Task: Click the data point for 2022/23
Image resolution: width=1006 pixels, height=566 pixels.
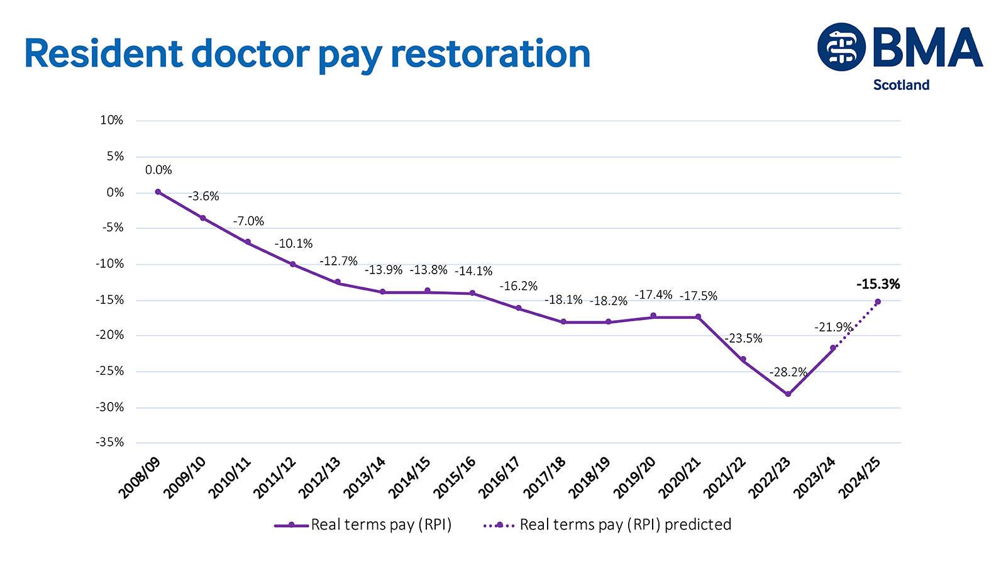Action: [x=788, y=394]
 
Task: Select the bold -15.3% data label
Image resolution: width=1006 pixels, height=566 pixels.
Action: [x=878, y=284]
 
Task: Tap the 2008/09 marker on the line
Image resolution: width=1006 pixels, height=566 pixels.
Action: [x=158, y=192]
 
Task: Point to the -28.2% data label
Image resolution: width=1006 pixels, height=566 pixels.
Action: [x=788, y=372]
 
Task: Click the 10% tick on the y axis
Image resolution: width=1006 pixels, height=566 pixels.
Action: [x=112, y=120]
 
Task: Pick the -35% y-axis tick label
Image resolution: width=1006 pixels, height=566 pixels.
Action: [x=110, y=443]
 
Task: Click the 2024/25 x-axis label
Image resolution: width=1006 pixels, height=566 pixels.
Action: [x=859, y=478]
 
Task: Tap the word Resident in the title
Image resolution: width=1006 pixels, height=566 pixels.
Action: [x=103, y=54]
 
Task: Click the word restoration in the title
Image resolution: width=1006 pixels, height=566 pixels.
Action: [x=490, y=54]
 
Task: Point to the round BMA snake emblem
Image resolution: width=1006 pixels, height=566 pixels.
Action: [x=841, y=47]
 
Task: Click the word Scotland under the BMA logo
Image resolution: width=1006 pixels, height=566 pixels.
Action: [x=901, y=85]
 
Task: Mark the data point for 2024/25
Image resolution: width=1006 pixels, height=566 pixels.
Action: [x=878, y=301]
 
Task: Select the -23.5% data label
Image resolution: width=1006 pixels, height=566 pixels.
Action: [x=743, y=338]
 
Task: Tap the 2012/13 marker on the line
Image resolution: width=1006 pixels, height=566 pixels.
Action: [x=338, y=282]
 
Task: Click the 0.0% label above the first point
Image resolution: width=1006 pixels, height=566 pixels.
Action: [x=158, y=170]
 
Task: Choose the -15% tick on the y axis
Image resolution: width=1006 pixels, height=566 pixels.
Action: [x=110, y=300]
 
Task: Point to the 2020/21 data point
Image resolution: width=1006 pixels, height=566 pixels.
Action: [x=698, y=316]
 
